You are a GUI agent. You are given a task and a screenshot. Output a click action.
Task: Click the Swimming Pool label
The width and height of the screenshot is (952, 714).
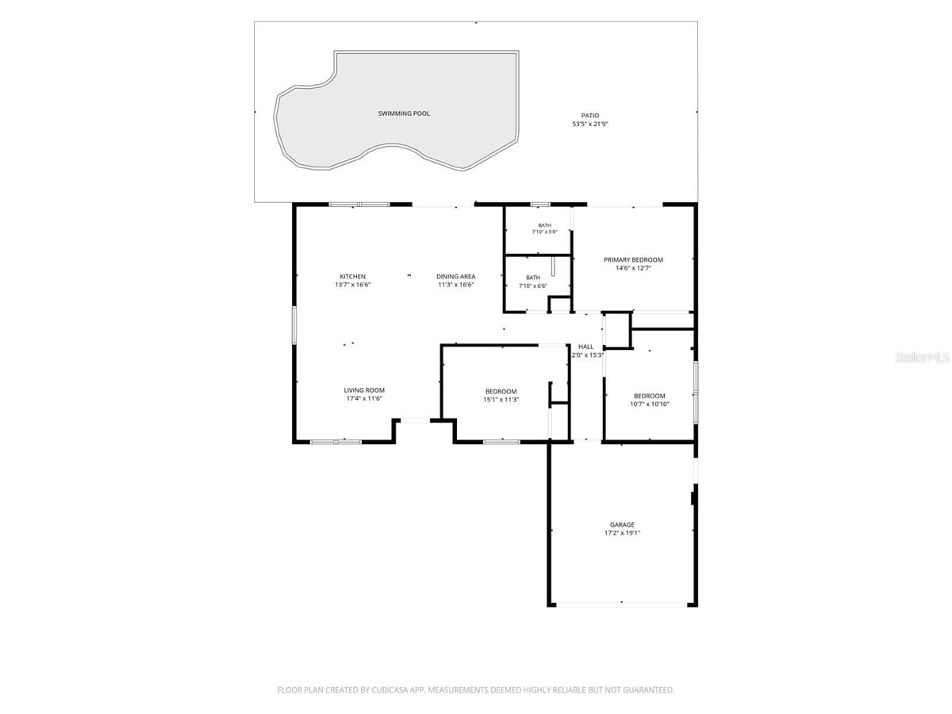tap(404, 113)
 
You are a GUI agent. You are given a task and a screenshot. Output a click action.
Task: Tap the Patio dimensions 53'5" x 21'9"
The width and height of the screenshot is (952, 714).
tap(590, 124)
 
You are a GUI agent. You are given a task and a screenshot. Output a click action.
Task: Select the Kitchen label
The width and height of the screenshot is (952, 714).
tap(352, 277)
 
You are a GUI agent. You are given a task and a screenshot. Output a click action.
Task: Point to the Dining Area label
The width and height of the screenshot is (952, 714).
tap(456, 277)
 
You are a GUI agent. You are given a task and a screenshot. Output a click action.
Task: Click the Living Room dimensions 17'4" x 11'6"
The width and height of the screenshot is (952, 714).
tap(364, 398)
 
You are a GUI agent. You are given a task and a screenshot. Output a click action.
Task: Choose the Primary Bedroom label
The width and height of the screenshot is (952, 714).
tap(633, 260)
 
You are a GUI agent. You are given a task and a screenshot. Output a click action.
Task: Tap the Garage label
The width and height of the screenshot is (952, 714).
tap(622, 524)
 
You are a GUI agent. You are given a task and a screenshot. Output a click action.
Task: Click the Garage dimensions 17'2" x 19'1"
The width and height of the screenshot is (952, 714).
tap(622, 533)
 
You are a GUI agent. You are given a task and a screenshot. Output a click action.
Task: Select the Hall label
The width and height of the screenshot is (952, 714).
tap(586, 347)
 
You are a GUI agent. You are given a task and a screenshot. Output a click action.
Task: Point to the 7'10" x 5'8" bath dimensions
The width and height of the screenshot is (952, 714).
tap(545, 232)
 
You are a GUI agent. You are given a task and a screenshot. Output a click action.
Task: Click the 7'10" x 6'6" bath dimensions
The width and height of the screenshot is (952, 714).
tap(533, 286)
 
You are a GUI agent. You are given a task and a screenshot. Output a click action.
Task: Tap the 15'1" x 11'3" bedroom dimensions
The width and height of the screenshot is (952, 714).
tap(501, 400)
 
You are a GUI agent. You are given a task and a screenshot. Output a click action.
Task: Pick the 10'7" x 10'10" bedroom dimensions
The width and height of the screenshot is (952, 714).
tap(649, 404)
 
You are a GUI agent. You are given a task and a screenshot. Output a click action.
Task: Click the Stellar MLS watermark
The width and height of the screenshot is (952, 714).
tap(922, 357)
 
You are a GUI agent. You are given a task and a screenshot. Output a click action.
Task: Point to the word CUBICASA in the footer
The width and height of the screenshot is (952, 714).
tap(389, 689)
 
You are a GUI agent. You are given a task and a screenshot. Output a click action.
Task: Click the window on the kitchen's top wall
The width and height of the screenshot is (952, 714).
tap(359, 205)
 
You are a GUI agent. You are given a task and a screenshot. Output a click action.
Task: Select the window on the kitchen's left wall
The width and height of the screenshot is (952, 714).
tap(294, 325)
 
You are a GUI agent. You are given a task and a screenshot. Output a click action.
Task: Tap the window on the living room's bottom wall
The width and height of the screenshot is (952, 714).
tap(336, 442)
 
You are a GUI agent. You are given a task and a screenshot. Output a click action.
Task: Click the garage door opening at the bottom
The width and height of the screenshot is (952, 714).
tap(621, 604)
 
